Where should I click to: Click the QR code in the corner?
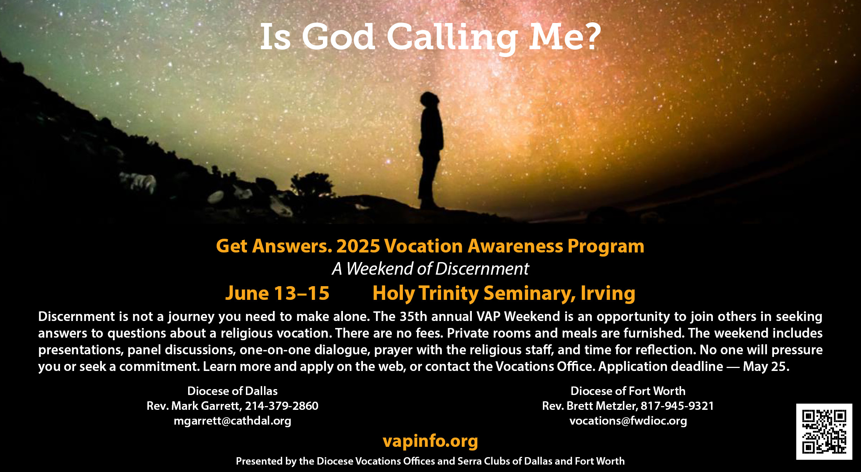tap(824, 432)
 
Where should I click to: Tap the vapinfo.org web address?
tap(430, 441)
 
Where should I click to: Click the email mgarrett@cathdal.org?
tap(233, 421)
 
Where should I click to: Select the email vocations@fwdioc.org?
tap(628, 421)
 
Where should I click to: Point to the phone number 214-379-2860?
tap(282, 406)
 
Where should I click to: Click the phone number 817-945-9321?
tap(677, 406)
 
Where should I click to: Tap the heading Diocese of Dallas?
tap(233, 391)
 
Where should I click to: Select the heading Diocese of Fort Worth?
tap(628, 391)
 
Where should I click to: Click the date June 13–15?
tap(277, 293)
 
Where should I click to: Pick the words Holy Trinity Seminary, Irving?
tap(504, 294)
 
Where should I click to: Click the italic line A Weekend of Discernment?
tap(430, 269)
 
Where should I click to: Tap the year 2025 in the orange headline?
tap(358, 246)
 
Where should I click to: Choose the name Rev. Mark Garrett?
tap(194, 406)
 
